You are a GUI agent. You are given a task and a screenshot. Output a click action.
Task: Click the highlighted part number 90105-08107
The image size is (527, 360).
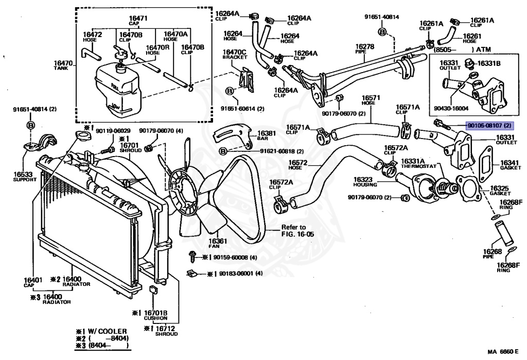click(x=489, y=125)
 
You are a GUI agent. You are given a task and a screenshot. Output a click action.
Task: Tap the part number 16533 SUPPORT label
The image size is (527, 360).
click(x=25, y=177)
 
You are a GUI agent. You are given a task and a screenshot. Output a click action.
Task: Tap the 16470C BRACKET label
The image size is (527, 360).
click(x=235, y=55)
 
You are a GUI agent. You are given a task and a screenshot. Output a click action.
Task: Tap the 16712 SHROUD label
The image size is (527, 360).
click(x=166, y=331)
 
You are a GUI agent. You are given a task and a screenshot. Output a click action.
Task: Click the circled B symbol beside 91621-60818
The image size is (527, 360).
click(x=223, y=151)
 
